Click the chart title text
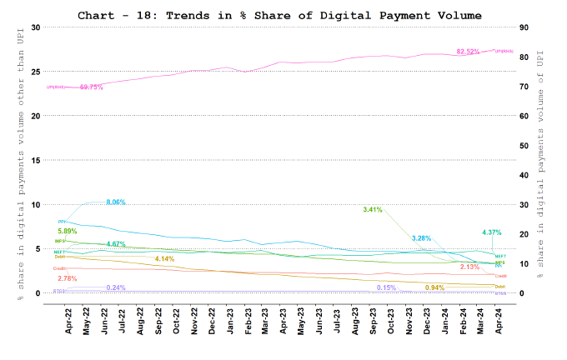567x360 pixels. tap(279, 15)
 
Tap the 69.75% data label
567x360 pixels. tap(91, 87)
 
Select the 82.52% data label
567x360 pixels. tap(468, 52)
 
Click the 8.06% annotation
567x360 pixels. tap(118, 202)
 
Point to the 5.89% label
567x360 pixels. tap(68, 231)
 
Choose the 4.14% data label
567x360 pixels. tap(164, 259)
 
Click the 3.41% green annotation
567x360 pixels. tap(373, 209)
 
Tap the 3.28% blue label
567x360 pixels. tap(422, 239)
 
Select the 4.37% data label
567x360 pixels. tap(492, 232)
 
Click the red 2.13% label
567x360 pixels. tap(469, 267)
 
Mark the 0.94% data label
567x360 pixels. tap(434, 287)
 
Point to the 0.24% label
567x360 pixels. tap(116, 287)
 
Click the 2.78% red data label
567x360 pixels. tap(68, 277)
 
